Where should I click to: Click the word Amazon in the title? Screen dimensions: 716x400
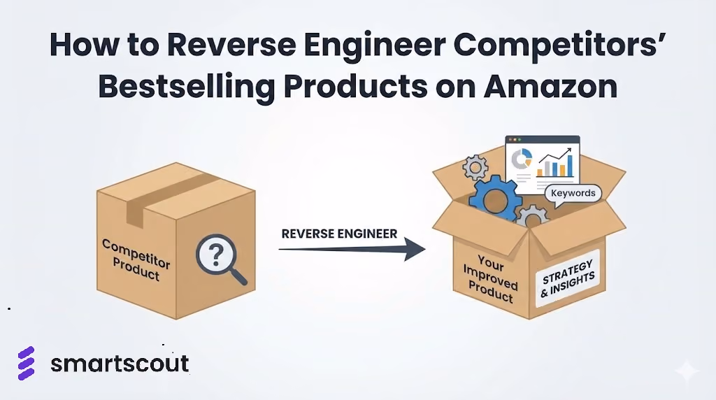coord(550,86)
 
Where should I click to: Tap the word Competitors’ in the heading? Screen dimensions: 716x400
coord(560,45)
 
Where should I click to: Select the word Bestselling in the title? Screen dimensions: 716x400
coord(187,87)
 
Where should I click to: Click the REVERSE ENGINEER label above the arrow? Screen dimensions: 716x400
coord(339,234)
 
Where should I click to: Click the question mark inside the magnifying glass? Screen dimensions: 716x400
coord(216,255)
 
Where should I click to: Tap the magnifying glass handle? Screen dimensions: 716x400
coord(238,276)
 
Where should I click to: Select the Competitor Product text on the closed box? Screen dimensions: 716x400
coord(136,259)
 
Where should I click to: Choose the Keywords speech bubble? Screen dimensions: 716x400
coord(573,194)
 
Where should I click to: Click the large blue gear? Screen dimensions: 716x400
coord(496,199)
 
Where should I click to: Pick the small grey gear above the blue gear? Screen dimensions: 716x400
coord(475,168)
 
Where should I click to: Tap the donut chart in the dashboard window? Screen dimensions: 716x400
coord(522,159)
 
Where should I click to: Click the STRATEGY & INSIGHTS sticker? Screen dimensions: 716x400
coord(568,278)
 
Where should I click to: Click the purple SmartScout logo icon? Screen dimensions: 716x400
coord(26,363)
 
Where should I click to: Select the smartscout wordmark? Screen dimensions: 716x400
coord(120,364)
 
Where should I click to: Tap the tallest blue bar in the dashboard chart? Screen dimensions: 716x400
coord(570,165)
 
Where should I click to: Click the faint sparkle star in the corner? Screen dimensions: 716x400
coord(687,371)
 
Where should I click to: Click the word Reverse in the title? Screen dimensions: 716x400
coord(231,45)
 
